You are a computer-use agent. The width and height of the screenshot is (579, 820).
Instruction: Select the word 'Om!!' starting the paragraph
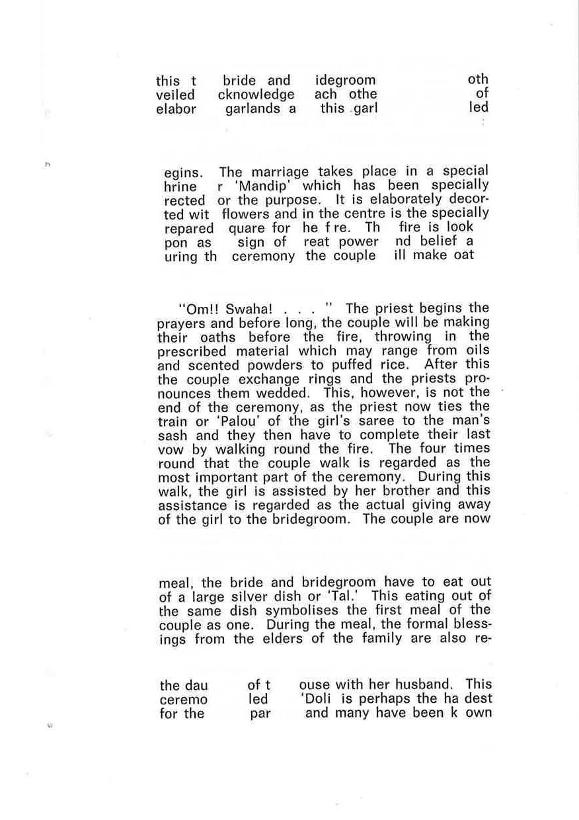[x=193, y=309]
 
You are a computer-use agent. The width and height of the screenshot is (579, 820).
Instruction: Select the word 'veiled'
[x=175, y=95]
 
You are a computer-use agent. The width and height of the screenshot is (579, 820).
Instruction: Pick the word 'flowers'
[x=246, y=214]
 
